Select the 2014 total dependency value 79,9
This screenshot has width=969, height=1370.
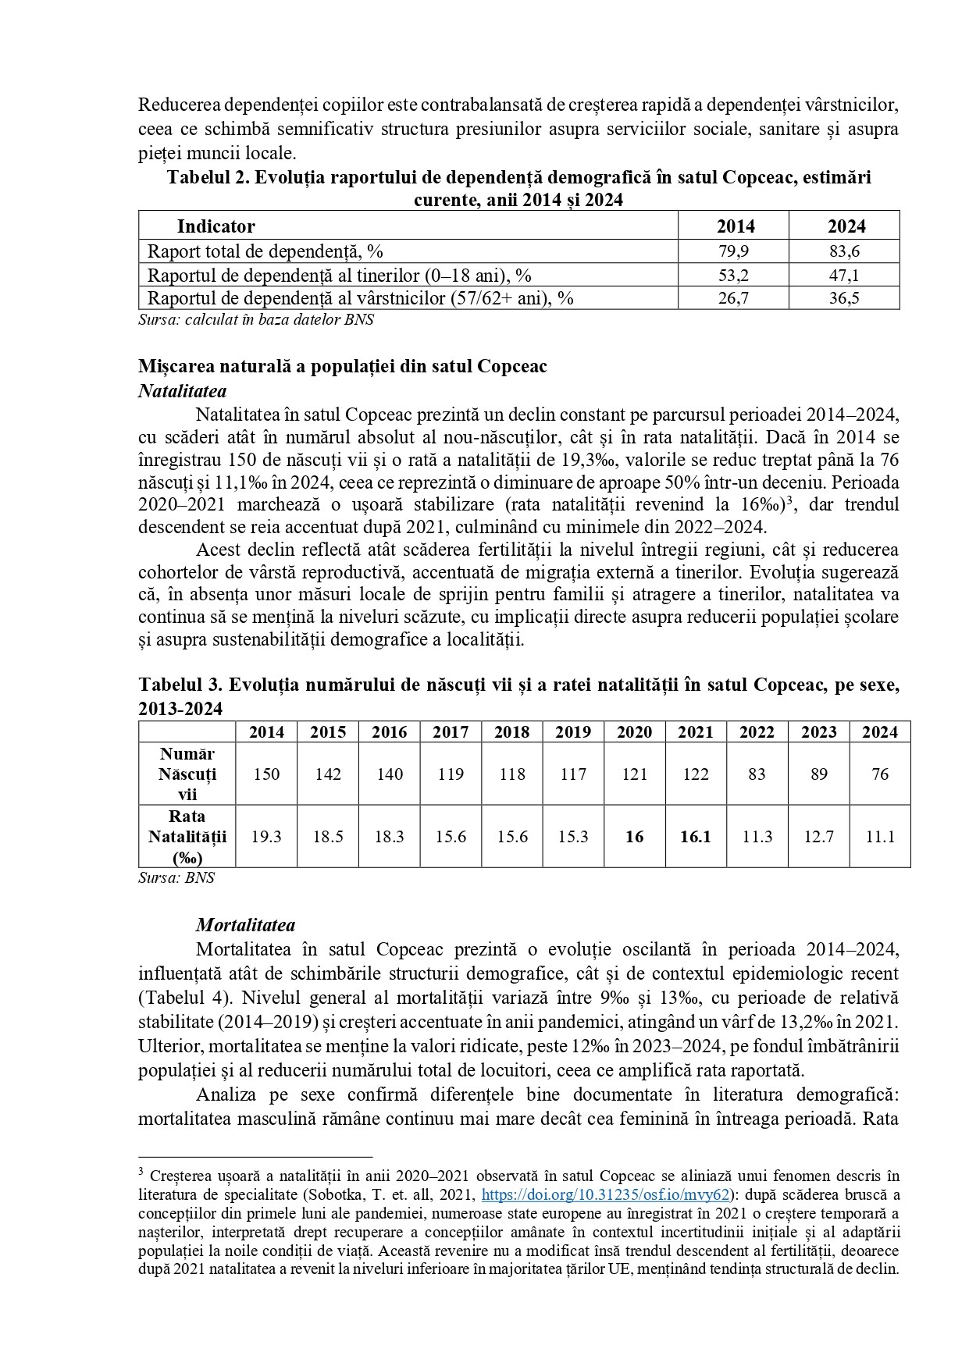pos(733,251)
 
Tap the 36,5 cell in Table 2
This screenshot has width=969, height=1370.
pos(844,298)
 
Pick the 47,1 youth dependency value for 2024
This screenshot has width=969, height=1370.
pos(844,275)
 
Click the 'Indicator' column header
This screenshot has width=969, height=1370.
pos(216,226)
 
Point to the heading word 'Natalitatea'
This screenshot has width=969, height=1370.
pos(182,390)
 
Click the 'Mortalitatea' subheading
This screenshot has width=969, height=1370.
pos(245,925)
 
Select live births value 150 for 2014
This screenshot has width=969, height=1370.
pos(266,774)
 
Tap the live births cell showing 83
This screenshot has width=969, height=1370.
pos(757,774)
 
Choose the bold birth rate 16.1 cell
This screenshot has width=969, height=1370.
pos(695,837)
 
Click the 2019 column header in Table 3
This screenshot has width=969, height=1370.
pos(572,732)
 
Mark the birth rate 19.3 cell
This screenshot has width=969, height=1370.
pos(266,837)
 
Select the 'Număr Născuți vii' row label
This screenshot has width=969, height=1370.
pos(187,774)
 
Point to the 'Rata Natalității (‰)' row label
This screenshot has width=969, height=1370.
pos(187,837)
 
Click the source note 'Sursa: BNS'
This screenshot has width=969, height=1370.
pos(176,877)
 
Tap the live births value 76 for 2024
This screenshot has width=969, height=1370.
pos(879,774)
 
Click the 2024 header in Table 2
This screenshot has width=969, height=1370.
pos(846,226)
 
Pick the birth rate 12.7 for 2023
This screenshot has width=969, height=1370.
pos(818,837)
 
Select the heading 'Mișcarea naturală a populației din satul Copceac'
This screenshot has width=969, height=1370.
pos(343,366)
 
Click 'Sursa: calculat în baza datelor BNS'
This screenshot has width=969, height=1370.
pos(256,320)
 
